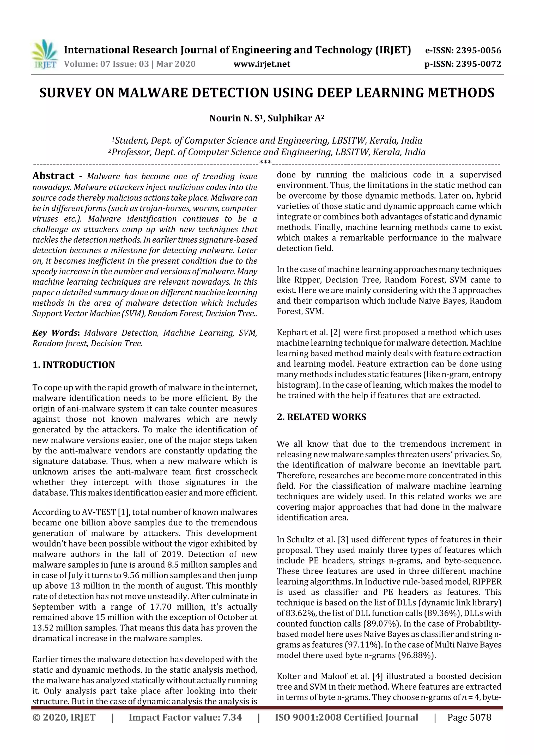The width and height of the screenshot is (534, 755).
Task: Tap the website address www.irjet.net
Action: pyautogui.click(x=262, y=64)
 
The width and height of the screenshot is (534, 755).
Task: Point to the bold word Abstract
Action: pyautogui.click(x=53, y=176)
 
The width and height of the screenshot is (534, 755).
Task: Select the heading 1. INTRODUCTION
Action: pyautogui.click(x=74, y=365)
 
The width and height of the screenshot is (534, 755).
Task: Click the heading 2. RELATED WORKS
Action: pyautogui.click(x=321, y=417)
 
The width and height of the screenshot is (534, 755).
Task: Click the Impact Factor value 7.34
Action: pyautogui.click(x=232, y=717)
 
